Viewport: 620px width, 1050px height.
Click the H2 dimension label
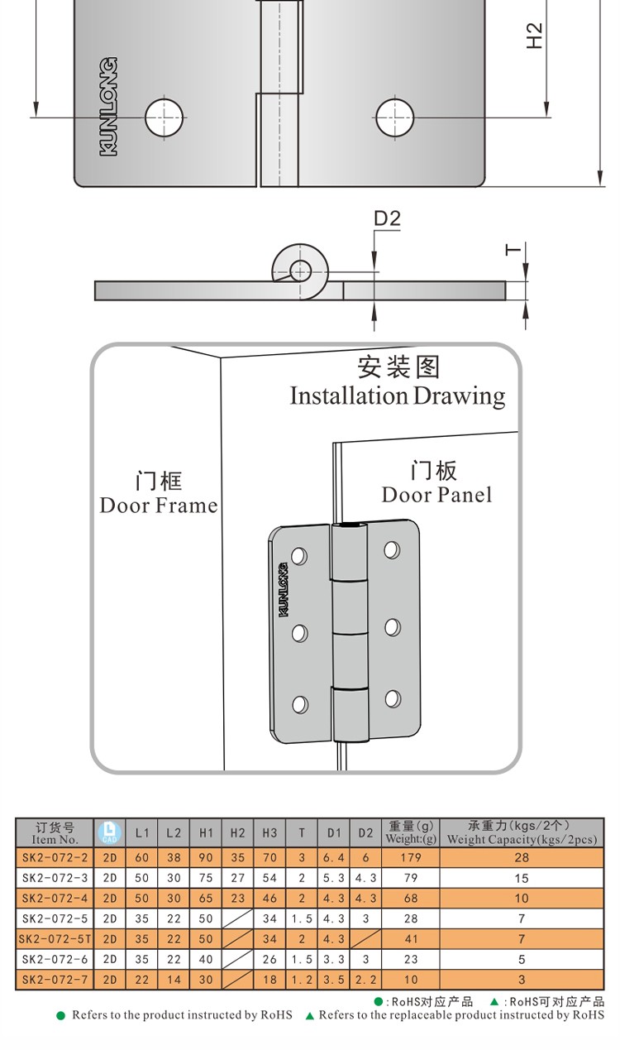pos(535,35)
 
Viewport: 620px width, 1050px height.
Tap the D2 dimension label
pos(387,219)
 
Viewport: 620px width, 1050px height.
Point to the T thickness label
pos(513,249)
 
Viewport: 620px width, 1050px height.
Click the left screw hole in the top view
pos(164,117)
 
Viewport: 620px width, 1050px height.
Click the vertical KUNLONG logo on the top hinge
pos(108,106)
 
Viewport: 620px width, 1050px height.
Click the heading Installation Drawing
pos(397,396)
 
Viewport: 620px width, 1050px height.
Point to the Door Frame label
pos(159,505)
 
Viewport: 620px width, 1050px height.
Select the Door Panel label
pos(436,495)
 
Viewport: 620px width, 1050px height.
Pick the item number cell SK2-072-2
pos(55,858)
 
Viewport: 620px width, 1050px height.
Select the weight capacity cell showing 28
pos(521,858)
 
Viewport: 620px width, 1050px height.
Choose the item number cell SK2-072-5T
pos(55,939)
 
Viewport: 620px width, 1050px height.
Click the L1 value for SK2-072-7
pos(142,980)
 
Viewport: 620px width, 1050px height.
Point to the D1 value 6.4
pos(333,858)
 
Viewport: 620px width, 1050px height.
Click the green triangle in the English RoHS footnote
pos(310,1015)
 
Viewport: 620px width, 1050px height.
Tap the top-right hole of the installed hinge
pos(391,549)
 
